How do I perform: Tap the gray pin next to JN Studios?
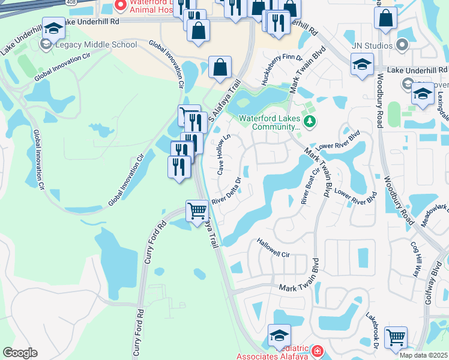pyautogui.click(x=402, y=46)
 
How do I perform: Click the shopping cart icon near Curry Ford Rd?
pyautogui.click(x=197, y=212)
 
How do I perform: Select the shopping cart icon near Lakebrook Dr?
pyautogui.click(x=396, y=337)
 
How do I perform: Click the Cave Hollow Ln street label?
pyautogui.click(x=223, y=155)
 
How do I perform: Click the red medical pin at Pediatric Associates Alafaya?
pyautogui.click(x=316, y=351)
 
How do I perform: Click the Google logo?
pyautogui.click(x=20, y=353)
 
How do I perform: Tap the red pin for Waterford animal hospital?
pyautogui.click(x=120, y=6)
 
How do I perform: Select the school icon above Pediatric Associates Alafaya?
pyautogui.click(x=279, y=335)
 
